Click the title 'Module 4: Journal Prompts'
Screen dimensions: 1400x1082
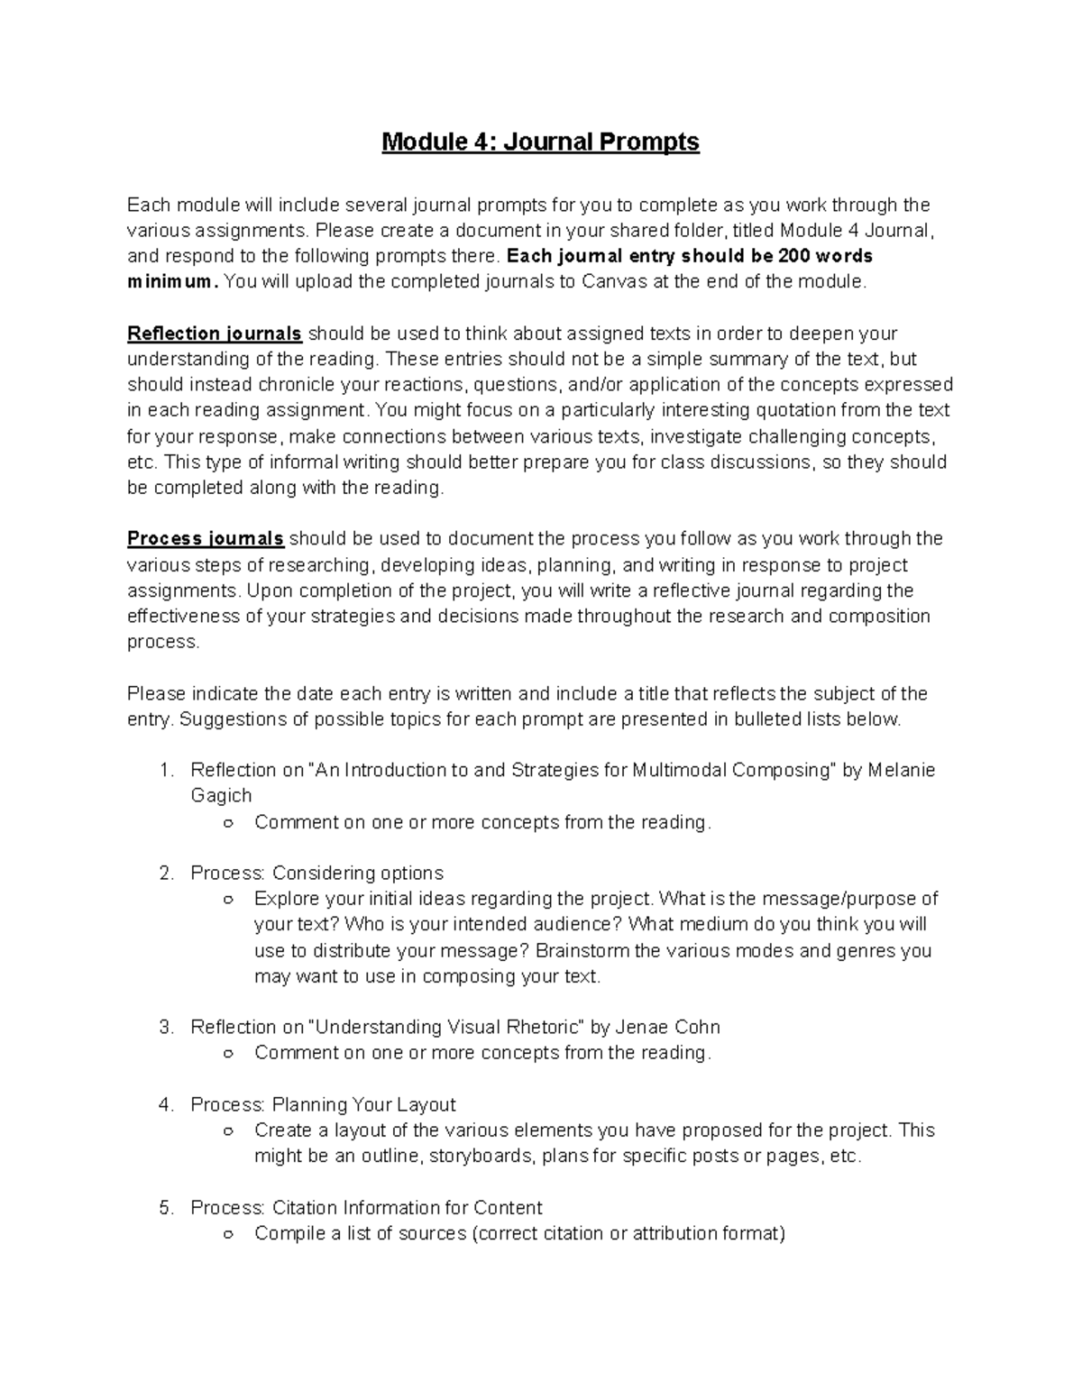pos(540,142)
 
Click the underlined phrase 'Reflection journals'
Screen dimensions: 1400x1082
pos(215,334)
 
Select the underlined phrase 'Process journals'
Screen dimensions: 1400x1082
pos(206,539)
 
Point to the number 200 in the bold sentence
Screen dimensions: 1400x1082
pos(793,256)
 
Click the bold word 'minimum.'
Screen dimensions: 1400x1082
pos(172,282)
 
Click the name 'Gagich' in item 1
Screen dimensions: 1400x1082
pos(221,795)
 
